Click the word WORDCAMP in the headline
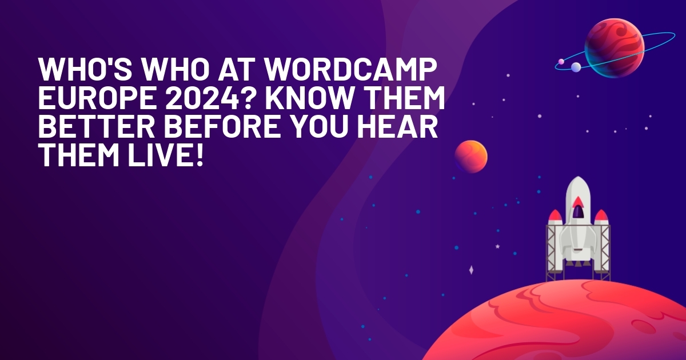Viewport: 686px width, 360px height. (x=350, y=69)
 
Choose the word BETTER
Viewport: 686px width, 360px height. (x=97, y=126)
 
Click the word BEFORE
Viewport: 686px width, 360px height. (x=222, y=126)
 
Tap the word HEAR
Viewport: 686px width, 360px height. (x=397, y=126)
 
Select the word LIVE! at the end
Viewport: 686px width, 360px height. (x=166, y=155)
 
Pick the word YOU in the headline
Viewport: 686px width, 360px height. (x=319, y=126)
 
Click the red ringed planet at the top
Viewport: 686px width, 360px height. (x=614, y=48)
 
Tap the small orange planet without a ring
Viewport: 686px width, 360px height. (x=470, y=157)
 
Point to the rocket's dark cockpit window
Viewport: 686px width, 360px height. (x=578, y=211)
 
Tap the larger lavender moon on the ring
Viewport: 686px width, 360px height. (x=576, y=67)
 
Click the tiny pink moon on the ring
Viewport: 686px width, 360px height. (x=561, y=62)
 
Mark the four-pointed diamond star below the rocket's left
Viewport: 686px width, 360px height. (x=471, y=270)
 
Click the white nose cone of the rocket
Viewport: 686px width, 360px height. (x=578, y=187)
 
